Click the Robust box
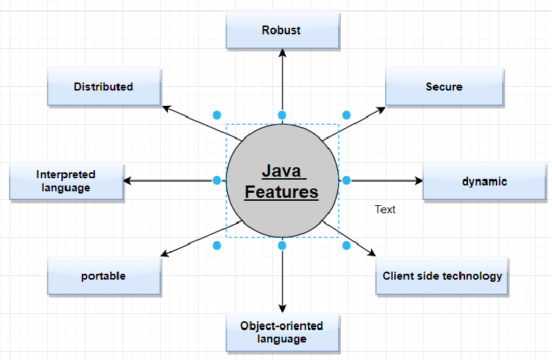click(282, 31)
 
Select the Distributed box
click(104, 87)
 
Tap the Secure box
click(444, 87)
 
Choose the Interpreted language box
click(66, 181)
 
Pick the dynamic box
click(484, 181)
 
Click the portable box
click(104, 276)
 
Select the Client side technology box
click(442, 276)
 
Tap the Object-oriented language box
click(282, 332)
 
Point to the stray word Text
click(385, 210)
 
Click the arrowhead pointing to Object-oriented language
click(282, 308)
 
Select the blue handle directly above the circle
click(282, 115)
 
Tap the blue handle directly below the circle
click(282, 245)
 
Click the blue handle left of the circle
click(217, 180)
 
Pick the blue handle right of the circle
click(347, 180)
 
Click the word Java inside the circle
click(282, 172)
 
